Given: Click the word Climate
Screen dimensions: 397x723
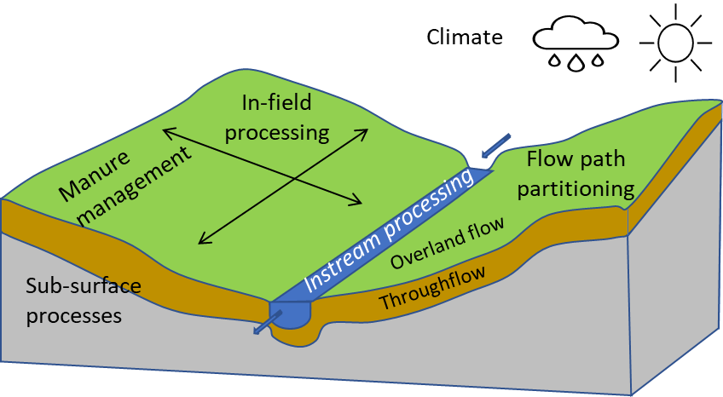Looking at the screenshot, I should [x=464, y=37].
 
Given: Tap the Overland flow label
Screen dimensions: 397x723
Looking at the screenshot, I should [x=447, y=243].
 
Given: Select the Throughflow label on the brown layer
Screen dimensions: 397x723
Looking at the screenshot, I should [x=432, y=287].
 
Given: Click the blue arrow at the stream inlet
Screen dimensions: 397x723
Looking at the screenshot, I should [x=495, y=147].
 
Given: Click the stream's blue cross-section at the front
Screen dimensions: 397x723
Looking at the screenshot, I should [x=295, y=314].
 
